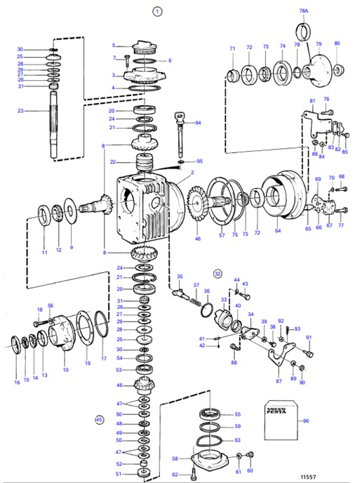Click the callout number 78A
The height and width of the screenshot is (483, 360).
click(x=303, y=12)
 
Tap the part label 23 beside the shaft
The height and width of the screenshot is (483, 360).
click(x=20, y=110)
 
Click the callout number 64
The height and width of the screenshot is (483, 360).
click(x=278, y=230)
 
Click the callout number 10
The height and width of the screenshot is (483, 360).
click(x=65, y=369)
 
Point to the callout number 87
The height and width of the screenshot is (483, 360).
click(x=279, y=381)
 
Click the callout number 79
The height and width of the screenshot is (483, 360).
click(x=319, y=44)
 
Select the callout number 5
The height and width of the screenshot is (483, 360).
click(x=113, y=46)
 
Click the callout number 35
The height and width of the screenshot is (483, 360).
click(x=180, y=277)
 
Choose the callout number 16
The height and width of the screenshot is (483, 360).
click(x=17, y=383)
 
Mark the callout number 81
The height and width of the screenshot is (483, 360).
click(x=312, y=101)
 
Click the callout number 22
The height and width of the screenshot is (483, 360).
click(x=112, y=161)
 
